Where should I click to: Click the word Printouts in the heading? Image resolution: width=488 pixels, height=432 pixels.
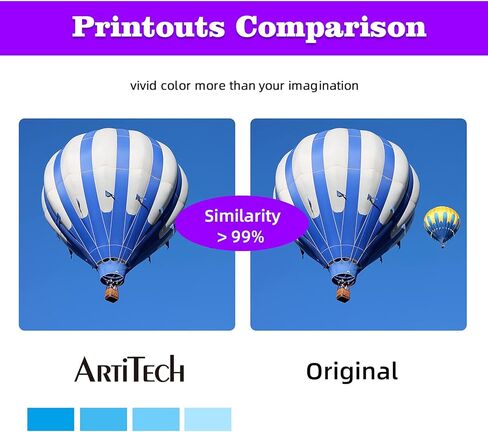[148, 27]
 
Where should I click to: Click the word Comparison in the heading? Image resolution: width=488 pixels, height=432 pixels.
[331, 27]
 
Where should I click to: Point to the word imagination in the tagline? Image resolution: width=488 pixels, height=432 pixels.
[323, 86]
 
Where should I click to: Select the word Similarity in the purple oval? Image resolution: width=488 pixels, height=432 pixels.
[242, 216]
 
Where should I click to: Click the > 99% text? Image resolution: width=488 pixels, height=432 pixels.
[241, 237]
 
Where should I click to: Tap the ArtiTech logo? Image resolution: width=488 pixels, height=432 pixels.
[129, 369]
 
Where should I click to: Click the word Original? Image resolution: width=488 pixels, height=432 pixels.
[352, 372]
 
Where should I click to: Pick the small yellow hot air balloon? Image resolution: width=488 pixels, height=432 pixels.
[442, 225]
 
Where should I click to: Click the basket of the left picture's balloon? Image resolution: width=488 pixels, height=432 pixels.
[112, 294]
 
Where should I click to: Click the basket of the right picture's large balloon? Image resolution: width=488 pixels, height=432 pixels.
[343, 294]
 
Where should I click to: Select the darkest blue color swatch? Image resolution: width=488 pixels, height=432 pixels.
[51, 419]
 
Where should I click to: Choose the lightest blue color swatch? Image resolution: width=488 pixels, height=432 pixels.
[208, 419]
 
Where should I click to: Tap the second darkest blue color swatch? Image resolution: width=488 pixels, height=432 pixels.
[103, 419]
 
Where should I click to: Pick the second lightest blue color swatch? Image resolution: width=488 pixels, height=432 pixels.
[156, 419]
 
